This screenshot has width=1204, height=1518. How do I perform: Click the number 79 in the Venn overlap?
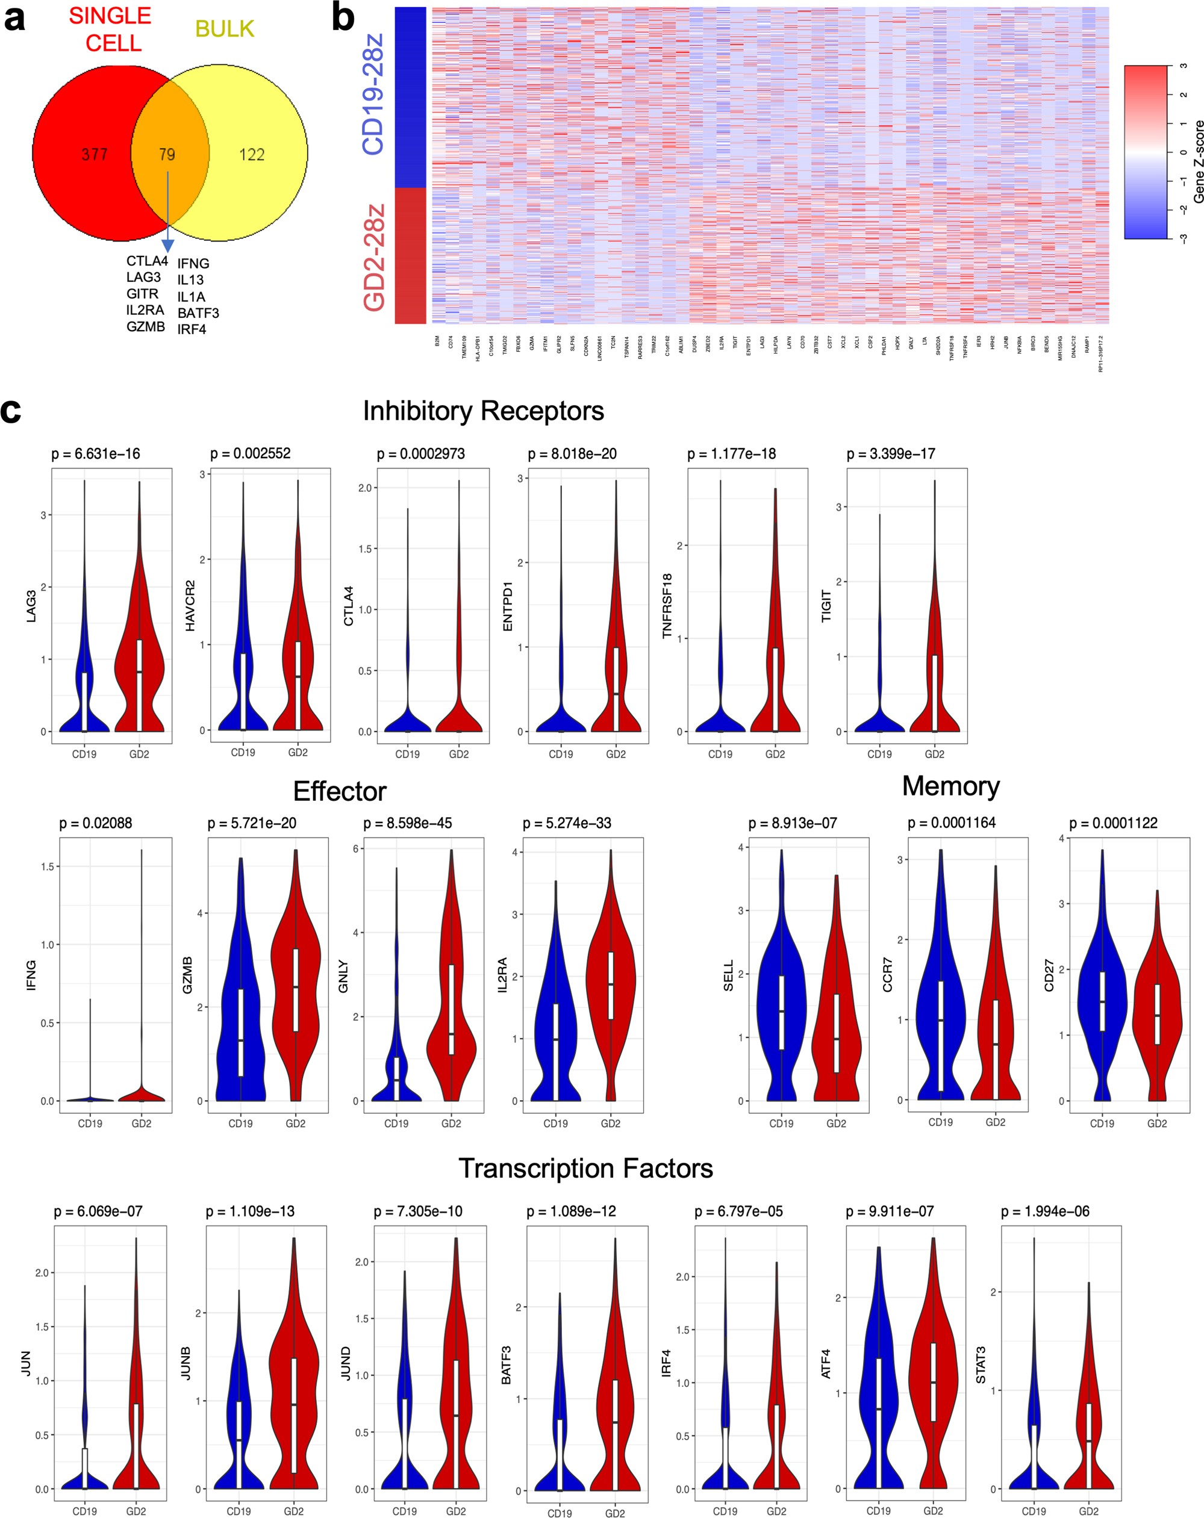167,154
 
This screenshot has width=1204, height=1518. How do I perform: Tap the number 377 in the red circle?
95,154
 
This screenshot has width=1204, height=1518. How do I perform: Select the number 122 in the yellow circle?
251,154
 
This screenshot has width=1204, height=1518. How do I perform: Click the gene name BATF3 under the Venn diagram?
198,313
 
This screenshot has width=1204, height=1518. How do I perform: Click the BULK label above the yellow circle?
225,29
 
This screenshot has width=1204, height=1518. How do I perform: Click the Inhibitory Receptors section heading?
483,411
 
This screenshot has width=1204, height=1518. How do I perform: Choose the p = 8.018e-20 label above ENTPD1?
572,454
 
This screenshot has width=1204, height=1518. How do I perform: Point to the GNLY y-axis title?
343,976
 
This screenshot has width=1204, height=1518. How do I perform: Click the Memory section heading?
950,786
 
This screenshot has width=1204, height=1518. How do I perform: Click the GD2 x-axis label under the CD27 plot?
1157,1124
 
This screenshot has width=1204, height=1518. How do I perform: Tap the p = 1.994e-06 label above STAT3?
1045,1212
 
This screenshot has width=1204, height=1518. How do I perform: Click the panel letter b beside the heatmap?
343,18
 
